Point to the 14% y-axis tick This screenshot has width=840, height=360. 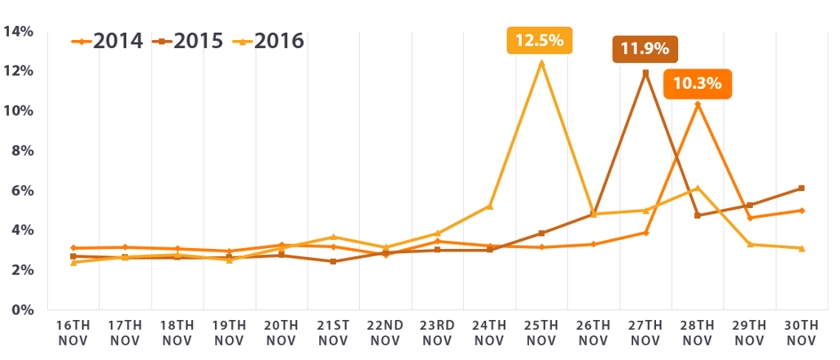19,32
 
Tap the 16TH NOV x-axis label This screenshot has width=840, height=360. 73,332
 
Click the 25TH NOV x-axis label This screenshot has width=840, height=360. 540,332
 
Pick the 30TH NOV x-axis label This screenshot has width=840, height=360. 801,332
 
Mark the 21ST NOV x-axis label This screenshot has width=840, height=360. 332,332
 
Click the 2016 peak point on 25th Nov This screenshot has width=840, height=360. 540,62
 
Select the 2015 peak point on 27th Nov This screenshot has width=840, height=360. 645,73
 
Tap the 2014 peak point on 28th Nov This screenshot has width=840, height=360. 698,105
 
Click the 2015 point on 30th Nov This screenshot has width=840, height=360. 801,188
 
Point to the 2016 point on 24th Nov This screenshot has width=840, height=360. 489,206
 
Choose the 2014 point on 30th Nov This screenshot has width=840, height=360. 801,211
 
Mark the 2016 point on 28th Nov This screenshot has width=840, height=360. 698,188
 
